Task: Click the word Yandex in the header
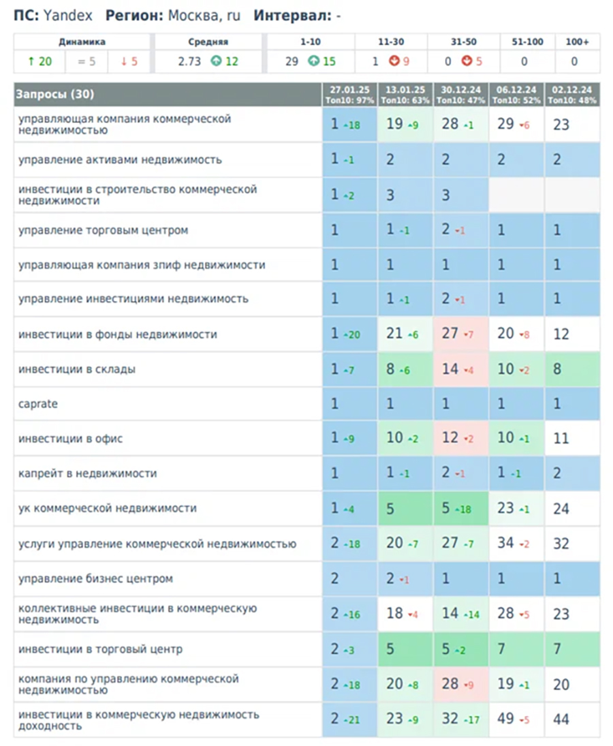click(67, 16)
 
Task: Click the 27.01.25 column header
click(349, 89)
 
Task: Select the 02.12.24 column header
click(571, 89)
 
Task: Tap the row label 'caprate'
click(38, 404)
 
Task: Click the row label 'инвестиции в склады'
click(77, 369)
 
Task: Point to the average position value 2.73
click(189, 61)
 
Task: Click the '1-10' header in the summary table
click(311, 42)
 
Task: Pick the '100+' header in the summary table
click(578, 42)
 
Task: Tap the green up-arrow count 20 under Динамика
click(40, 61)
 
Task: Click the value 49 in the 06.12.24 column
click(505, 718)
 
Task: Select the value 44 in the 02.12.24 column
click(561, 719)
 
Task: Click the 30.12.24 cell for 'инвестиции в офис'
click(460, 438)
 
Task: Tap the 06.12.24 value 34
click(505, 543)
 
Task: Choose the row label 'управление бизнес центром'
click(95, 579)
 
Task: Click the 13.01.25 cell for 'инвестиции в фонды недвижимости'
click(405, 334)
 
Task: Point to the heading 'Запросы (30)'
click(54, 94)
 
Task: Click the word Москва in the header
click(195, 16)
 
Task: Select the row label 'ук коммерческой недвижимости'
click(108, 509)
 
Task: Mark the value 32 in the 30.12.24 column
click(450, 718)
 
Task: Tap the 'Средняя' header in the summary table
click(208, 42)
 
